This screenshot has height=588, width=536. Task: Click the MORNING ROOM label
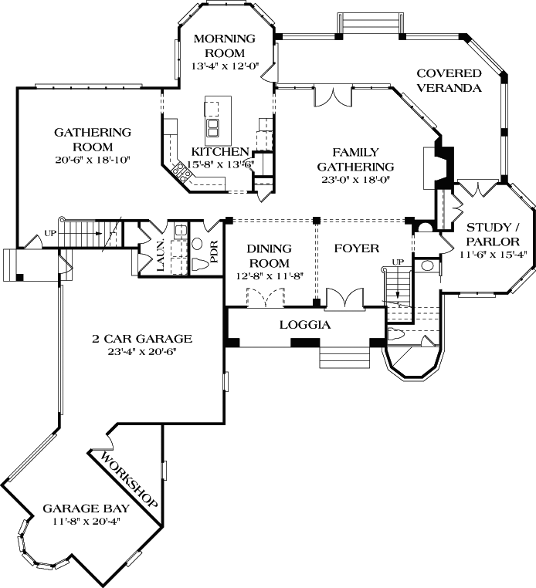(x=224, y=46)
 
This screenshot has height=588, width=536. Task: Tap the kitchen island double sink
(x=212, y=127)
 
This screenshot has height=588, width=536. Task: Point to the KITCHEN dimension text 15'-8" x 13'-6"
(x=221, y=164)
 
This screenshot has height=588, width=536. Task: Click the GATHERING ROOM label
(x=93, y=139)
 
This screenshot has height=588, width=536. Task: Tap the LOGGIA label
(x=304, y=325)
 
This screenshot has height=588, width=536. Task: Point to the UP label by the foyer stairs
(x=399, y=263)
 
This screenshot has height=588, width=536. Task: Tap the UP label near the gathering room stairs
(x=52, y=232)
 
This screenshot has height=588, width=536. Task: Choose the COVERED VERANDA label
(x=449, y=80)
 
